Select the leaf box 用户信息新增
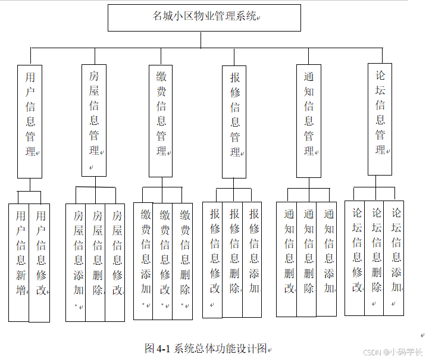20,262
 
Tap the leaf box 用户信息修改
40,262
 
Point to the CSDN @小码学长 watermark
393,352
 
